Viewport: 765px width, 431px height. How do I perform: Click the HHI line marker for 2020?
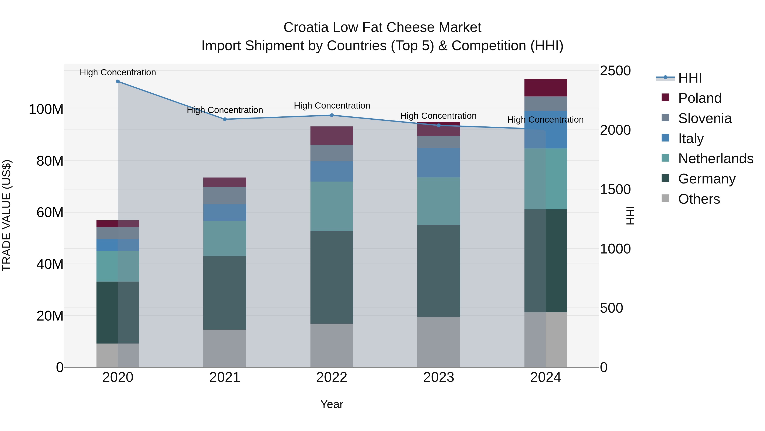(x=118, y=82)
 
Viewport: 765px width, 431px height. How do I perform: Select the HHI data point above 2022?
(x=332, y=115)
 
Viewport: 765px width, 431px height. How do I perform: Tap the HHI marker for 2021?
(x=225, y=119)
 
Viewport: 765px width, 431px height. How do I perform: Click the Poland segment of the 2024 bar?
(x=545, y=88)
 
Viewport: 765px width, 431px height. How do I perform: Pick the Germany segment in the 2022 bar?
(x=332, y=277)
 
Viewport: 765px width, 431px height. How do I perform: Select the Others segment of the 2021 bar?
(x=225, y=348)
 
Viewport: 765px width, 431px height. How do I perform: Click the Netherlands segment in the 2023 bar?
(x=439, y=201)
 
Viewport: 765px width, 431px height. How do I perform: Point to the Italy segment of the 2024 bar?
(x=545, y=130)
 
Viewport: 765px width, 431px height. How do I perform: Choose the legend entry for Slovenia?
(x=705, y=118)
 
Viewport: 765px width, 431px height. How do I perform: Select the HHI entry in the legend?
(x=690, y=78)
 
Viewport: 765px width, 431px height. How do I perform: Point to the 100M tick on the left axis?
(x=46, y=109)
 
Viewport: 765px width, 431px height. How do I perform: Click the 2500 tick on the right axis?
(x=615, y=71)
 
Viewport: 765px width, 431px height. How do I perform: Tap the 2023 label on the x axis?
(x=439, y=377)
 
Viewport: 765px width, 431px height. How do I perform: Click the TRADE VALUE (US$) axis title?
(x=7, y=215)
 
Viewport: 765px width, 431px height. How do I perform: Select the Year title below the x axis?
(x=331, y=404)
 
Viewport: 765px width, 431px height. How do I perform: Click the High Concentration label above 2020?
(x=118, y=72)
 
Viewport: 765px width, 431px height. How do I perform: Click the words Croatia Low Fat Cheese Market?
(x=382, y=27)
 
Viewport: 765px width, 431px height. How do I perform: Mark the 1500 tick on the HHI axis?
(x=615, y=189)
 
